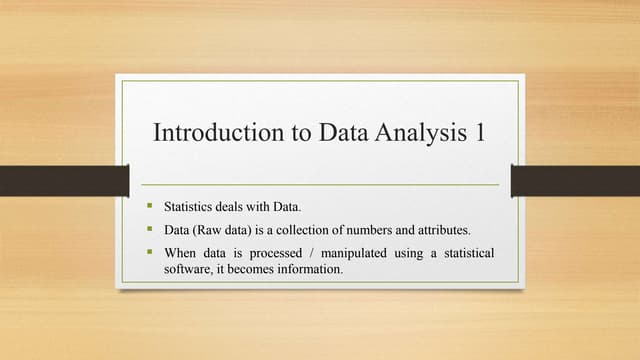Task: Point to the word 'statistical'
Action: [466, 254]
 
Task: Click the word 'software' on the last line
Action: [187, 270]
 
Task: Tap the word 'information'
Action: [308, 270]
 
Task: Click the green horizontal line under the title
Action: [320, 185]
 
